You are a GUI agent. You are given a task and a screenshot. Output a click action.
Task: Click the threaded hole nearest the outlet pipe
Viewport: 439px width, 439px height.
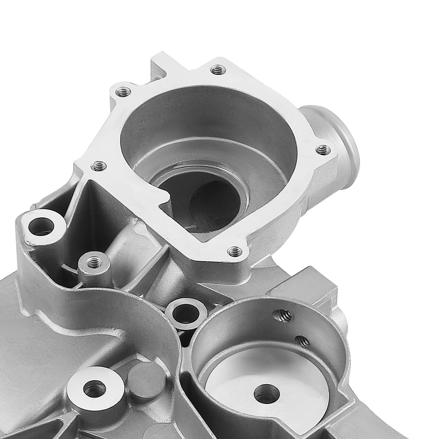pyautogui.click(x=323, y=150)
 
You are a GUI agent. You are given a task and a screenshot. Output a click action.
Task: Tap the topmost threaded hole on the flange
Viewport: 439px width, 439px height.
pyautogui.click(x=218, y=69)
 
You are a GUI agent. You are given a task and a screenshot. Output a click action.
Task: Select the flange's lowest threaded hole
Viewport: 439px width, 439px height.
pyautogui.click(x=235, y=252)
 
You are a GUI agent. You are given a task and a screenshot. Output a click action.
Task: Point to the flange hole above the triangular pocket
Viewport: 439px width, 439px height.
pyautogui.click(x=99, y=166)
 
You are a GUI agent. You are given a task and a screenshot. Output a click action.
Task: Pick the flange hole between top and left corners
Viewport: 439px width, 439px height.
pyautogui.click(x=123, y=92)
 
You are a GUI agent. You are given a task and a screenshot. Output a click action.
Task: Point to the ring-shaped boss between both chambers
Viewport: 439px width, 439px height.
pyautogui.click(x=186, y=313)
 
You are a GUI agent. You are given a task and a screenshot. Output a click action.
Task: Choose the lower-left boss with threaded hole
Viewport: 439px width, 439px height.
pyautogui.click(x=94, y=388)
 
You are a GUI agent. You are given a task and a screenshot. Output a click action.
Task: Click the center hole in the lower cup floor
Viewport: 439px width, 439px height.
pyautogui.click(x=266, y=393)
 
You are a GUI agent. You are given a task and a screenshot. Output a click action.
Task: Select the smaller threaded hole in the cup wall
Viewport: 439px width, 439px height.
pyautogui.click(x=302, y=341)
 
